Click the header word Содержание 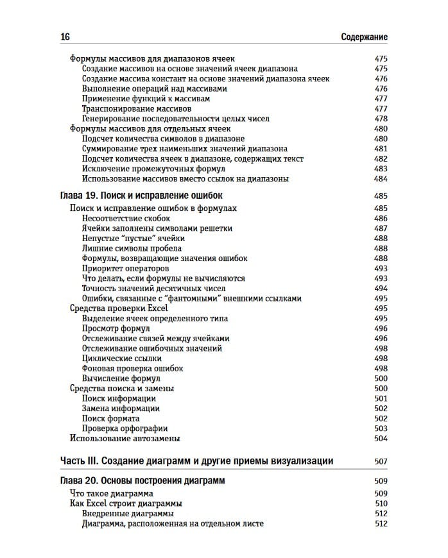[x=363, y=37]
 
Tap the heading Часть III [x=196, y=461]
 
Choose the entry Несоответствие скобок [x=125, y=218]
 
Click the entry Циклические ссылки [x=121, y=359]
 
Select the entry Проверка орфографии [x=125, y=428]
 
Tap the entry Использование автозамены [x=124, y=439]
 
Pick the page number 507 [x=381, y=461]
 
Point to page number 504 [x=381, y=439]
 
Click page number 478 [x=381, y=119]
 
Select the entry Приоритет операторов [x=125, y=268]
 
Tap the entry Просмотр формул [x=116, y=328]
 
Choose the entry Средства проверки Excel [x=118, y=309]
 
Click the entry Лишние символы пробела [x=132, y=248]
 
